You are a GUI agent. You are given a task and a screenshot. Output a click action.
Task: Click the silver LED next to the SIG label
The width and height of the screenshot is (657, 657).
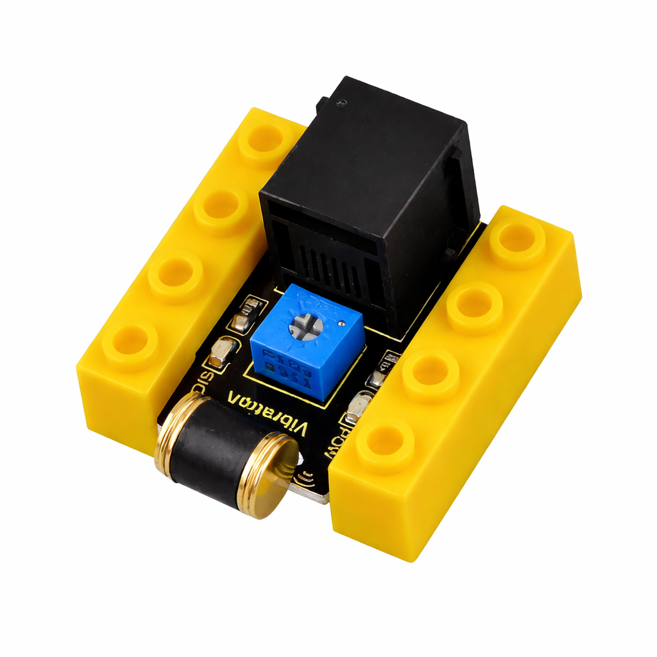tap(221, 353)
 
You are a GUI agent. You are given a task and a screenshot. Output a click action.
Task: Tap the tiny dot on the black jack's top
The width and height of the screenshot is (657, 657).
tap(345, 102)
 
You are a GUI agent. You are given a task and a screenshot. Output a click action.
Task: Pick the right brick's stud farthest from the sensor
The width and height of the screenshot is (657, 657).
tap(517, 239)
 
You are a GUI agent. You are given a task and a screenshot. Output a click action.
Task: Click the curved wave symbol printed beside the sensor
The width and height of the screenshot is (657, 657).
tap(307, 475)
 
